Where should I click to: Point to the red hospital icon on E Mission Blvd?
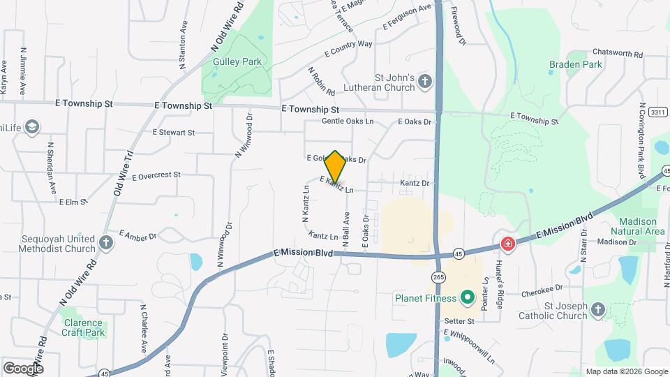pos(507,244)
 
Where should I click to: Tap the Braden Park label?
pos(575,64)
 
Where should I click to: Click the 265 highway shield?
pos(438,277)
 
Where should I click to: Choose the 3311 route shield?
pos(657,112)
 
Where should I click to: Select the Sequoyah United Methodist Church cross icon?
pos(105,243)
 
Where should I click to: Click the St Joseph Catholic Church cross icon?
pos(597,310)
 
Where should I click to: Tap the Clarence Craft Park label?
pos(83,328)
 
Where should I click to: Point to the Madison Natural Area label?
pos(637,226)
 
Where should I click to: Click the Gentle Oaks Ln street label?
pos(348,121)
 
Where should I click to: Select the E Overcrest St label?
pos(156,175)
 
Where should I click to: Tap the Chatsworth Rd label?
pos(617,53)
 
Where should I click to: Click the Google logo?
pos(22,367)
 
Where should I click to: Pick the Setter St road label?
pos(459,321)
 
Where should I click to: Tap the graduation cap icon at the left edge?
pos(31,126)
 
